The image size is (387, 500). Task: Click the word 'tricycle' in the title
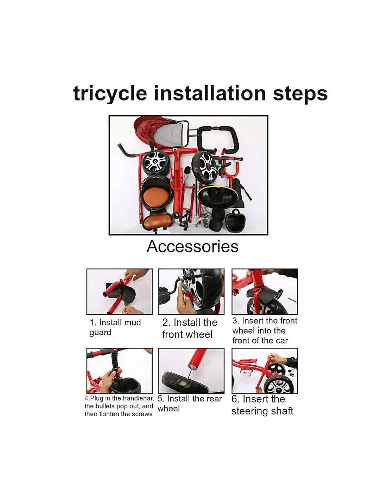click(110, 94)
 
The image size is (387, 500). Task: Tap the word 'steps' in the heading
click(300, 94)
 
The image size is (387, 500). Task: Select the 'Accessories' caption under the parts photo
click(192, 246)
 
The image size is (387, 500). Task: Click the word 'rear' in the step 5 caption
click(215, 399)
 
